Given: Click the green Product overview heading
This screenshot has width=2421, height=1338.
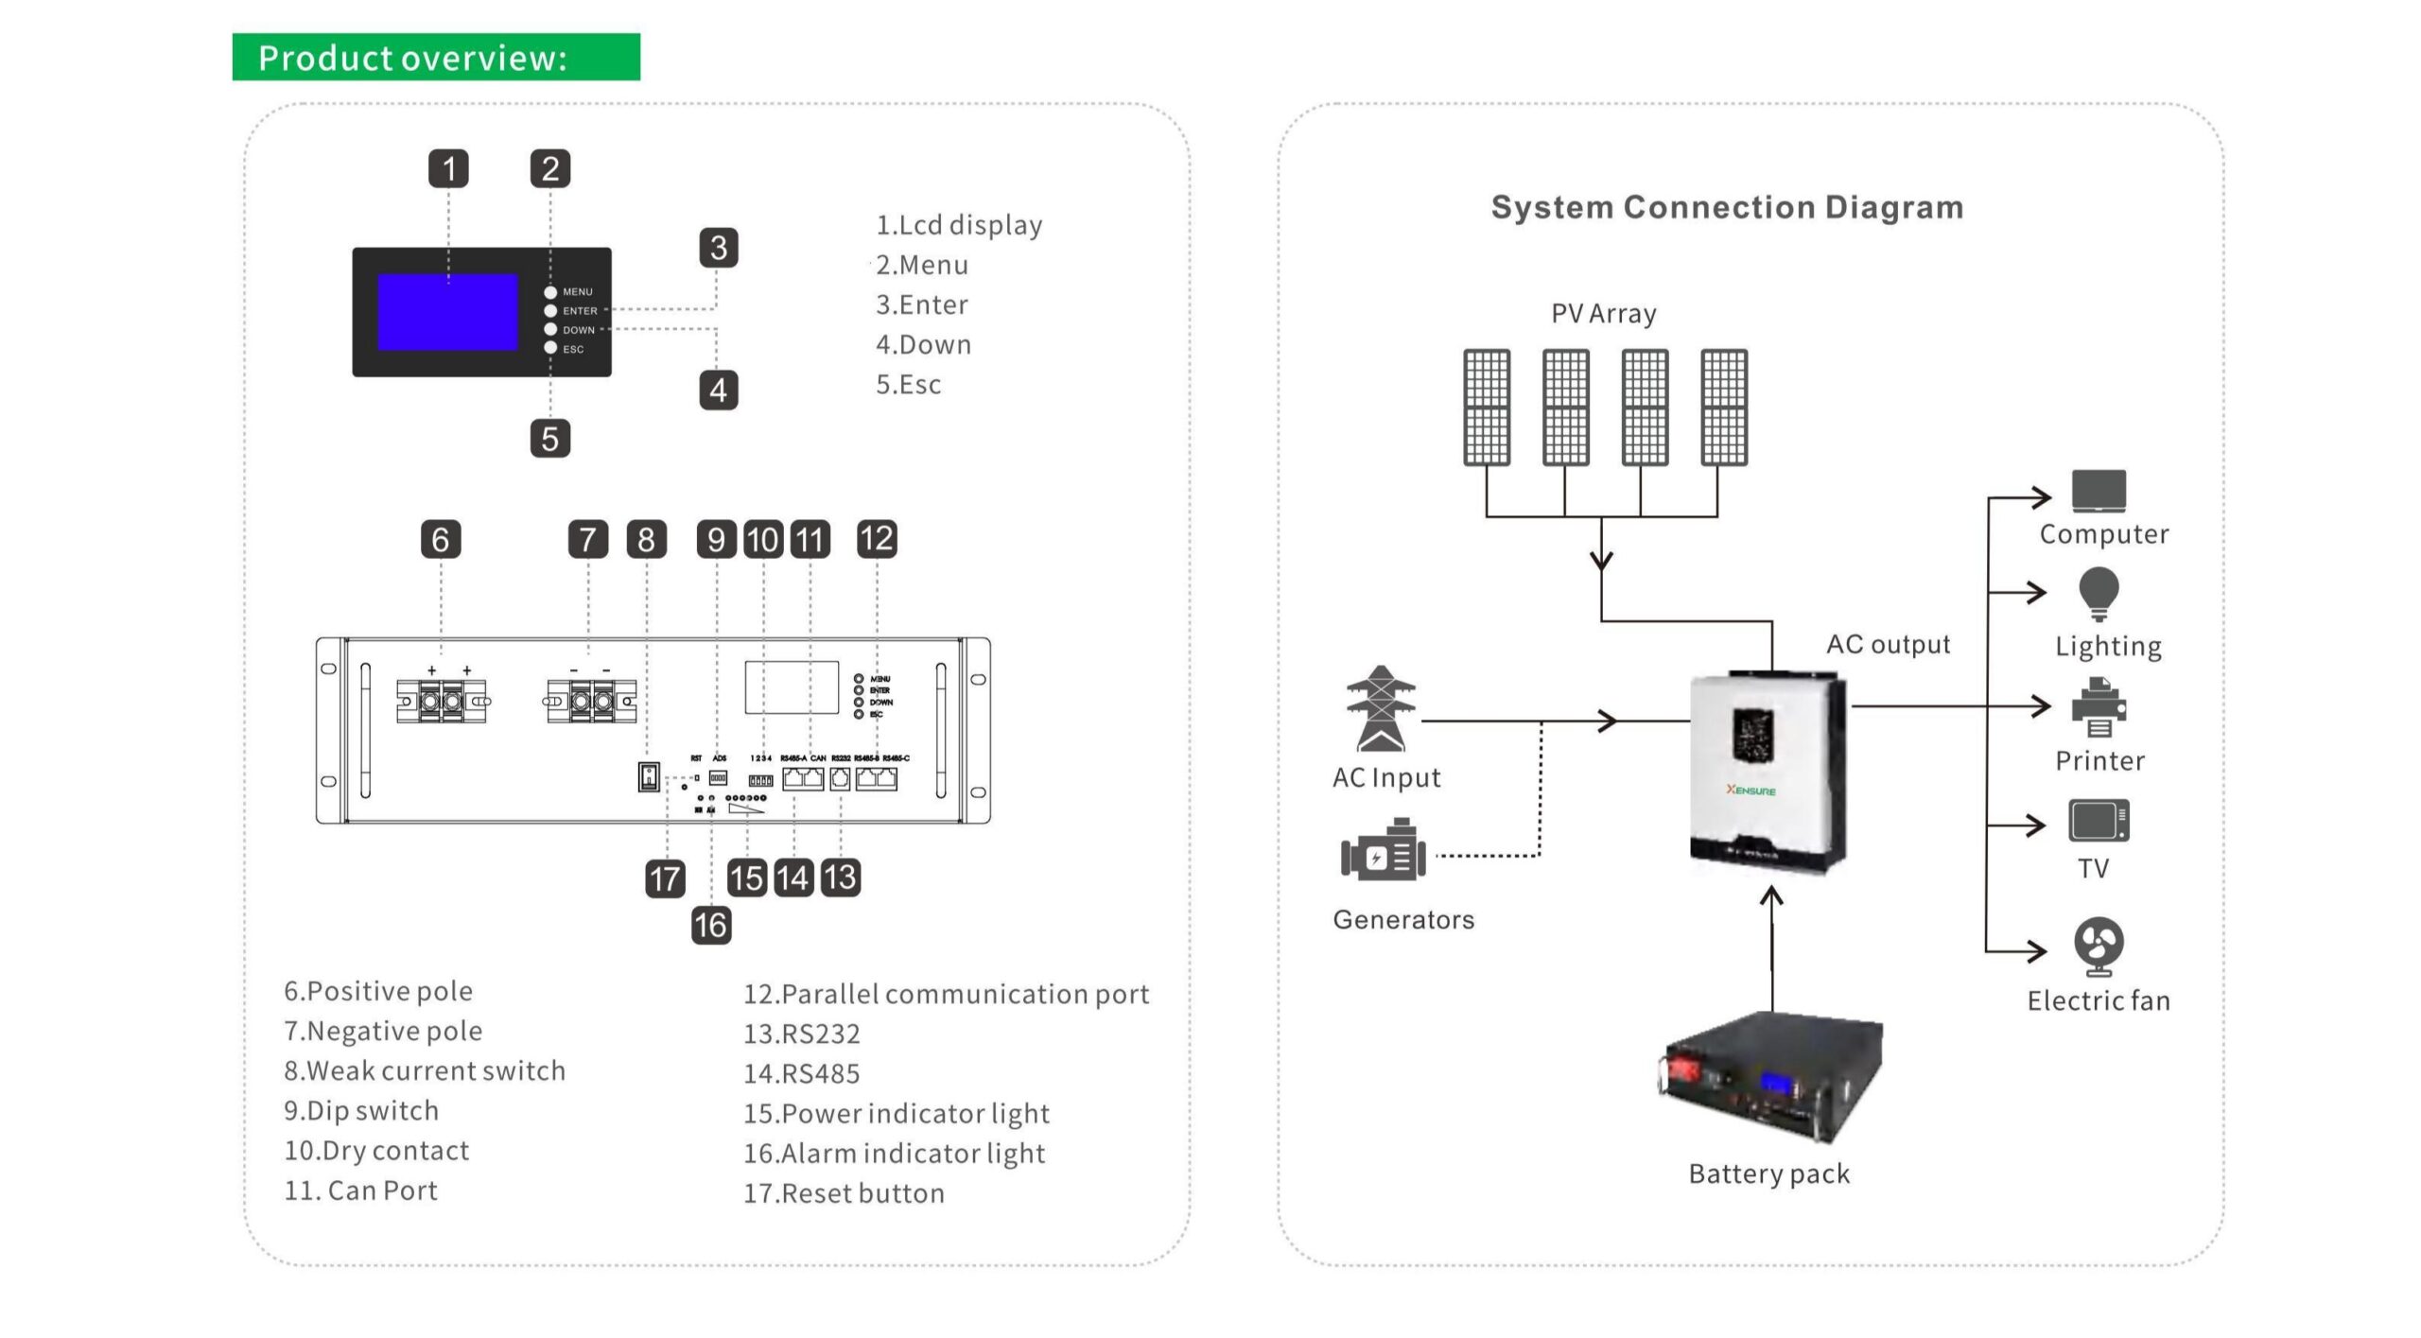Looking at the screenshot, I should (435, 58).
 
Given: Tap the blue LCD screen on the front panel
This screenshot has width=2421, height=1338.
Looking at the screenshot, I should (447, 312).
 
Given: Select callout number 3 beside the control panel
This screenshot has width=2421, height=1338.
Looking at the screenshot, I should (718, 248).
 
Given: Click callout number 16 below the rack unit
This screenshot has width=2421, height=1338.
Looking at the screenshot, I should (711, 925).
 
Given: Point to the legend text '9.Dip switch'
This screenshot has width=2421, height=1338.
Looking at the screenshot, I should (361, 1110).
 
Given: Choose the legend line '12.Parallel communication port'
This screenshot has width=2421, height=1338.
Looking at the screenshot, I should (946, 994).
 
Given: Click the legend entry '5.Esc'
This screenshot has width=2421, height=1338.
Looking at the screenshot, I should (908, 385).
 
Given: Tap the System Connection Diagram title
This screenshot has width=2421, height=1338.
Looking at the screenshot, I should (1727, 207).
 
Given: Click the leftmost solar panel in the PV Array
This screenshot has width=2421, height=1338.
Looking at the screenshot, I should (1487, 407).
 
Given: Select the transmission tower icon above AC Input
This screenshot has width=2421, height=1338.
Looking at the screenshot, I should (1381, 708).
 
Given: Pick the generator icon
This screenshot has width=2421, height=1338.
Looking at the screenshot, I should (1383, 852).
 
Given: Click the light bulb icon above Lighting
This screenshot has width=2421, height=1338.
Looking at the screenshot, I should (2099, 593).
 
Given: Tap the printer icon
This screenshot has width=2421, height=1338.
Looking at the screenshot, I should (2099, 707).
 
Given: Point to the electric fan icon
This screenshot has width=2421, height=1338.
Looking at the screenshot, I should (2099, 946).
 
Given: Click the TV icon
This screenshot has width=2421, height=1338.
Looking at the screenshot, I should (2099, 821).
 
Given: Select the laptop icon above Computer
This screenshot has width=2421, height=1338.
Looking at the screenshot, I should (2099, 490).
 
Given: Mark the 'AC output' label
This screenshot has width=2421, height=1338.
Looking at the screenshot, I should (1888, 645).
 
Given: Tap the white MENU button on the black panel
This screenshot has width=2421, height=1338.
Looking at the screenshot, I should (550, 292).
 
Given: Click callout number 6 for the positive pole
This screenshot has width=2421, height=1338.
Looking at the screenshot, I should (441, 539).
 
